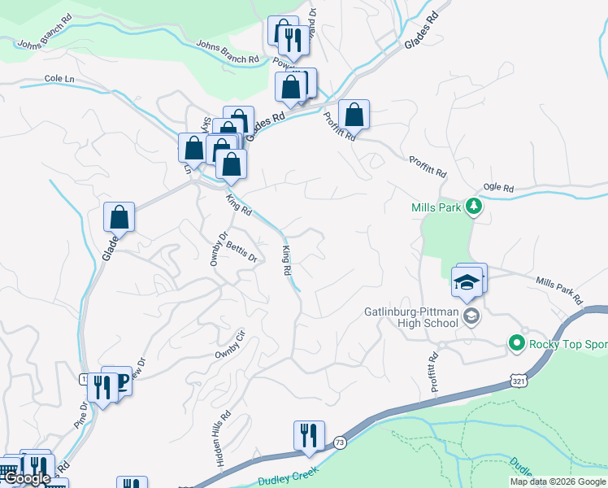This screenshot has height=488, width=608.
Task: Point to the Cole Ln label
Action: click(60, 79)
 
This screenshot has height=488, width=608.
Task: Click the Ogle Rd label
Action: click(497, 189)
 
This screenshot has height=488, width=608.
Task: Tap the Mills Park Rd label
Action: click(559, 290)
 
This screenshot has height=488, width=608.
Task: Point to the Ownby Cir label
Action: click(229, 345)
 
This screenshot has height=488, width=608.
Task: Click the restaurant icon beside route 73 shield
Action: click(309, 435)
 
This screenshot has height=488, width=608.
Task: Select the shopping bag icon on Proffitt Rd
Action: click(354, 114)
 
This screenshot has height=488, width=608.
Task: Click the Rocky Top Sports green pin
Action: click(515, 343)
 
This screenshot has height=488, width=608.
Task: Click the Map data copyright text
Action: click(558, 481)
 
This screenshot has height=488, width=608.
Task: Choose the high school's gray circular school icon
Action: click(471, 316)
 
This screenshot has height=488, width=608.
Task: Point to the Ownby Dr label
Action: click(217, 247)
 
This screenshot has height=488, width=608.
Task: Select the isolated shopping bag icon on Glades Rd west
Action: click(119, 217)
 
